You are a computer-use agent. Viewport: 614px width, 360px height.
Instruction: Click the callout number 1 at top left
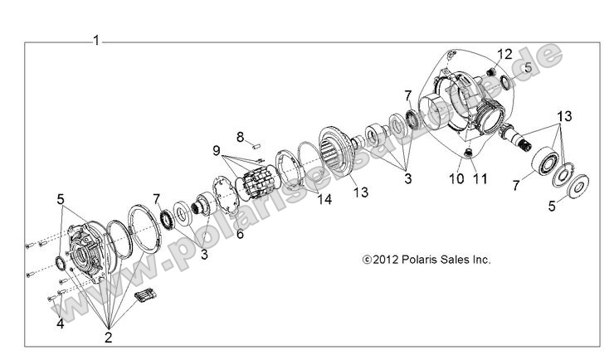click(x=96, y=40)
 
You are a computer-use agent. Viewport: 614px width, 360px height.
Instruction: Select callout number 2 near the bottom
click(x=108, y=337)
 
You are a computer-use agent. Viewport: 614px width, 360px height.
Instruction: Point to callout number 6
click(x=240, y=234)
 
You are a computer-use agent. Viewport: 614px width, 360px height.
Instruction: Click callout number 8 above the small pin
click(x=240, y=136)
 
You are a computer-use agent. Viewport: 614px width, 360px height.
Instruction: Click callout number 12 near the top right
click(x=503, y=54)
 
